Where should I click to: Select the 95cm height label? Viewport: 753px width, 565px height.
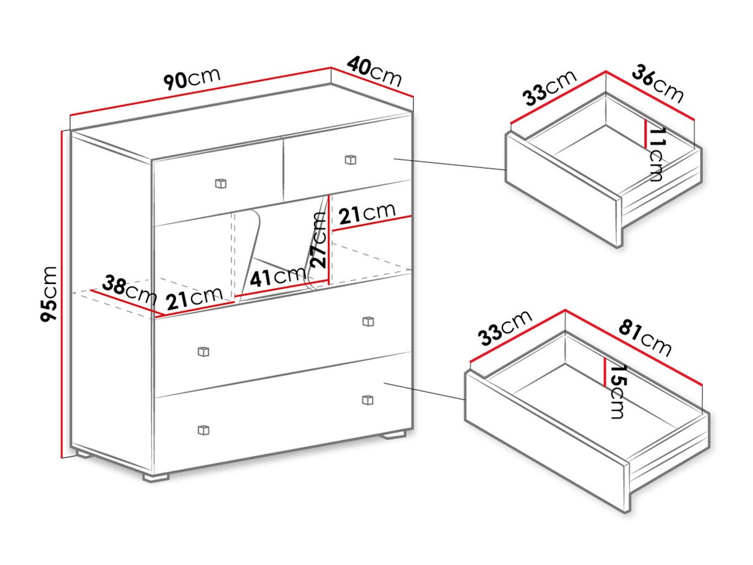pos(48,294)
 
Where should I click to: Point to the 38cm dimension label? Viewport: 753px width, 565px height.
pos(129,290)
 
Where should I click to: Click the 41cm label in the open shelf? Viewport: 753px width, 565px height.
pos(277,277)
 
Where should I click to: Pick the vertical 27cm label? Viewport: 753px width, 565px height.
pos(318,240)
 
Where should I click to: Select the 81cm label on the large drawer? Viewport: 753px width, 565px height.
pos(645,338)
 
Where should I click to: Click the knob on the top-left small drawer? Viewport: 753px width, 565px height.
pos(220,183)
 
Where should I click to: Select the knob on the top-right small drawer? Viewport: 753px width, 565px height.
pos(351,159)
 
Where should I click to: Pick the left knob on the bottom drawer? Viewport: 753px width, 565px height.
pos(203,430)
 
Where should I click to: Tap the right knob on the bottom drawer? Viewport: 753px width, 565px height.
pos(368,400)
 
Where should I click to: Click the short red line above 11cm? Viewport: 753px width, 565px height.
pos(646,133)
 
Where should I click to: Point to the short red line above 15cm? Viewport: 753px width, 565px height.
pos(605,372)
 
